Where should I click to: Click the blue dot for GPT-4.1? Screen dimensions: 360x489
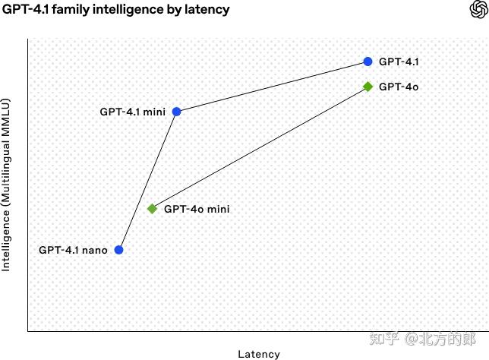(x=368, y=62)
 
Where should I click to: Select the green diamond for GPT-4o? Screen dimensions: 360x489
(x=368, y=87)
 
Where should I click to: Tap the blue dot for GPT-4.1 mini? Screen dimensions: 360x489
(x=177, y=112)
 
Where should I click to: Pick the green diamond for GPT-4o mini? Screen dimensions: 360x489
(x=152, y=209)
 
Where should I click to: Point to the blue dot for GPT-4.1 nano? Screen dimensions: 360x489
(x=118, y=250)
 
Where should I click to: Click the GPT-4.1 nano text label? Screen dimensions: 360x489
(x=73, y=250)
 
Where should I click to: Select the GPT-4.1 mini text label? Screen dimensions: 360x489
(x=132, y=112)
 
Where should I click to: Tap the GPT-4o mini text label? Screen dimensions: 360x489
(x=197, y=209)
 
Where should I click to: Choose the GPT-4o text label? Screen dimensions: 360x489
(x=399, y=87)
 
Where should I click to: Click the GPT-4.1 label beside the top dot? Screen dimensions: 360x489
(x=399, y=62)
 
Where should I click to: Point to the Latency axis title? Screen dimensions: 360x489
(x=259, y=354)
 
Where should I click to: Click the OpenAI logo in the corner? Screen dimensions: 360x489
(x=478, y=9)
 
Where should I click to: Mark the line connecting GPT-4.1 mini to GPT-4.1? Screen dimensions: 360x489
(x=272, y=87)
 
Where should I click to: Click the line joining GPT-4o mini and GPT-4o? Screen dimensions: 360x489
(x=260, y=147)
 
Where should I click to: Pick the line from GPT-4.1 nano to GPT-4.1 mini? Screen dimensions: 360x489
(x=147, y=181)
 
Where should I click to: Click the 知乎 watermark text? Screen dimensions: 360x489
(x=380, y=337)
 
